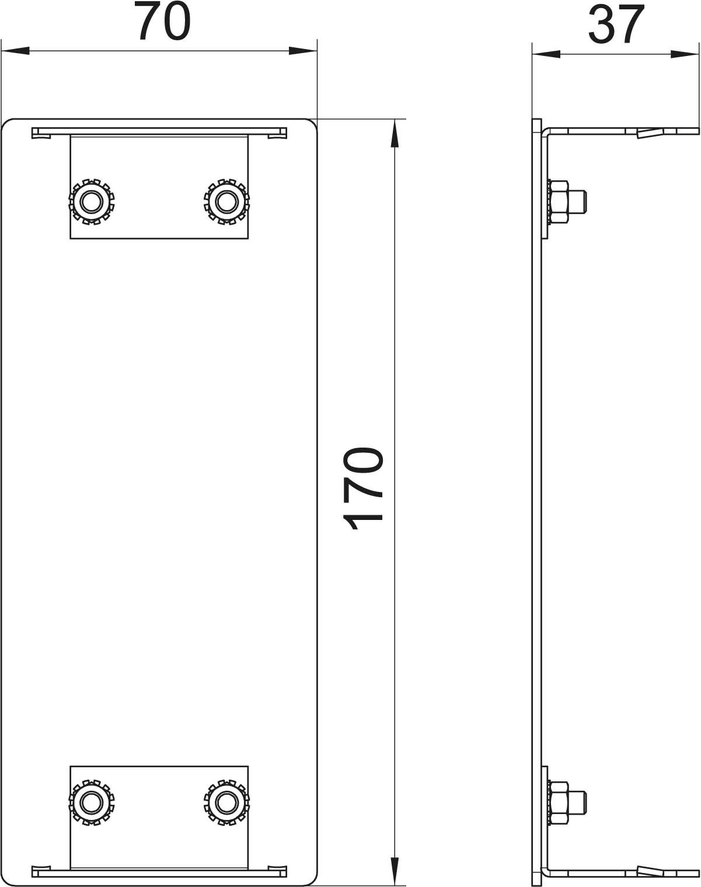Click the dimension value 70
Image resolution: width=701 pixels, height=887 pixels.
(x=164, y=21)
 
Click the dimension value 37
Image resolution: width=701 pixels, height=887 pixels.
(x=616, y=25)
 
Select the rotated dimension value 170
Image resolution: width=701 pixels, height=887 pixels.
(x=363, y=488)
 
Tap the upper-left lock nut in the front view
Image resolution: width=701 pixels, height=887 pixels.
(x=92, y=202)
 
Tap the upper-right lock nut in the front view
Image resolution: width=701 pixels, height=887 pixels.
(x=226, y=202)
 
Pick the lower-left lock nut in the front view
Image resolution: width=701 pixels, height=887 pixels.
(x=92, y=802)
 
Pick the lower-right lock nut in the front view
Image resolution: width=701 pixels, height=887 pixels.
(x=226, y=802)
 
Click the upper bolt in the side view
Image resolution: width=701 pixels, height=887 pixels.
(x=566, y=202)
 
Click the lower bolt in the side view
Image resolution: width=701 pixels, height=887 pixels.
(x=566, y=802)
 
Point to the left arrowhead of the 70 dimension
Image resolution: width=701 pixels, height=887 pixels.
(x=16, y=51)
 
